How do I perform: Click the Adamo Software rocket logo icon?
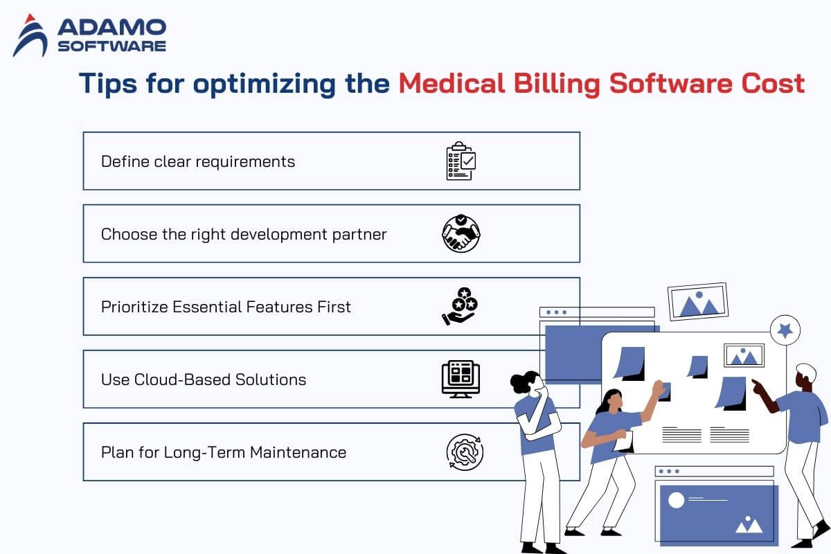coord(30,36)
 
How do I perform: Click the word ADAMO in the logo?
coord(112,27)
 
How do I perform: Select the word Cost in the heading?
coord(773,83)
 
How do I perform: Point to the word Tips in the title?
coord(108,84)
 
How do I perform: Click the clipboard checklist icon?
coord(461,161)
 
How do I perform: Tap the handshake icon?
coord(461,233)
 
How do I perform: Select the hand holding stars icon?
coord(460,306)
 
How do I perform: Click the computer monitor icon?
coord(461,379)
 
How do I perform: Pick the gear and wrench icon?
coord(465,452)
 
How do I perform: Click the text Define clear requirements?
coord(198,162)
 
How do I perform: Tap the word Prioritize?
coord(134,307)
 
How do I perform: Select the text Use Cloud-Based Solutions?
coord(204,379)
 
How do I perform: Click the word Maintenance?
coord(298,452)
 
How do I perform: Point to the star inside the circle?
coord(785,330)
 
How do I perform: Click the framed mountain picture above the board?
coord(698,302)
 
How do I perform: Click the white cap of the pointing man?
coord(807,371)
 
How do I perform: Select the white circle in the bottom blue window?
coord(676,500)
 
